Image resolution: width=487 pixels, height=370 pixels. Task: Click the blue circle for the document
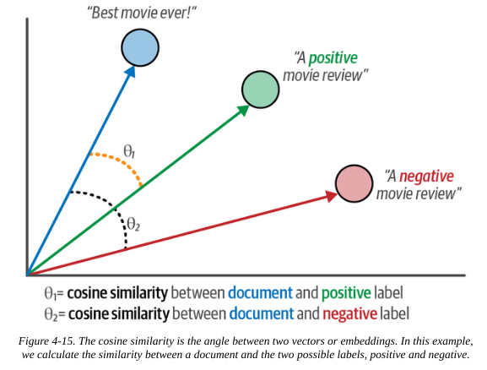pos(140,47)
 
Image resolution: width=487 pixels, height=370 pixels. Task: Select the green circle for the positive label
pos(260,90)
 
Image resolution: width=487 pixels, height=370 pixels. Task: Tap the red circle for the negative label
pos(354,183)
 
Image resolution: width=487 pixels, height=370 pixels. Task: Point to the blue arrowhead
pos(131,72)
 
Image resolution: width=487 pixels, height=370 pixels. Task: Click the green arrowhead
pos(243,111)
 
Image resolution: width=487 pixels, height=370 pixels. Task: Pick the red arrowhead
pos(332,197)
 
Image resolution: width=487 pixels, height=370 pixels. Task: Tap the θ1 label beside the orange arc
pos(129,152)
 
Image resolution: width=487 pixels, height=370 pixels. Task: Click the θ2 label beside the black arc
pos(133,224)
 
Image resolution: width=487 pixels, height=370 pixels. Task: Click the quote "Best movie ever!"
pos(142,14)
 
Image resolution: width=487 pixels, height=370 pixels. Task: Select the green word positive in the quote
pos(333,58)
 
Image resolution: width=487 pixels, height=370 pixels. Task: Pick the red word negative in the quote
pos(426,176)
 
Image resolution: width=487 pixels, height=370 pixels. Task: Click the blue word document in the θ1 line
pos(260,292)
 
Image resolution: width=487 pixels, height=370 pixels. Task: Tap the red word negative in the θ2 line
pos(350,313)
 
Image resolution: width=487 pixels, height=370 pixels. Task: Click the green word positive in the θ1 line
pos(346,293)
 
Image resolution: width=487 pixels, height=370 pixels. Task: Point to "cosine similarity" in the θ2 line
pos(119,313)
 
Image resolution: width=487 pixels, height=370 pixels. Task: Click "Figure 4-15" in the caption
pos(46,341)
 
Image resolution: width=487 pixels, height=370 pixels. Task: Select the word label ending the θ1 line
pos(388,292)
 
